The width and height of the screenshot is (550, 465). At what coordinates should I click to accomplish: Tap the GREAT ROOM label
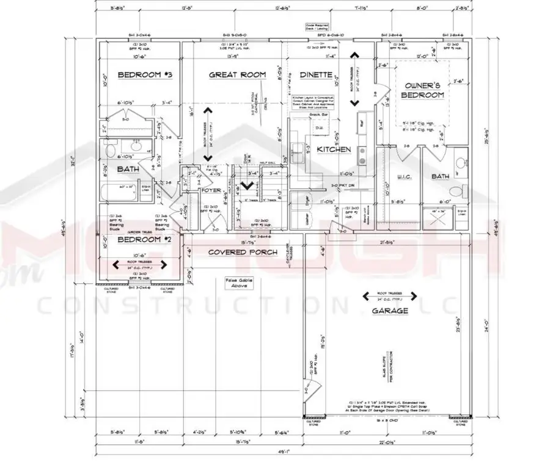pyautogui.click(x=238, y=74)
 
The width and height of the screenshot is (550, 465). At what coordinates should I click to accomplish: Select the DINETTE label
pyautogui.click(x=316, y=74)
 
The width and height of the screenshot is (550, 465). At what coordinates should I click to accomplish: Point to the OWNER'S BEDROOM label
pyautogui.click(x=422, y=91)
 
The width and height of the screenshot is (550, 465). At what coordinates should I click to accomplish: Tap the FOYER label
pyautogui.click(x=211, y=190)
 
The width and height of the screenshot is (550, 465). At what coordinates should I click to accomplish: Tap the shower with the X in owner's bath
pyautogui.click(x=438, y=217)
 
